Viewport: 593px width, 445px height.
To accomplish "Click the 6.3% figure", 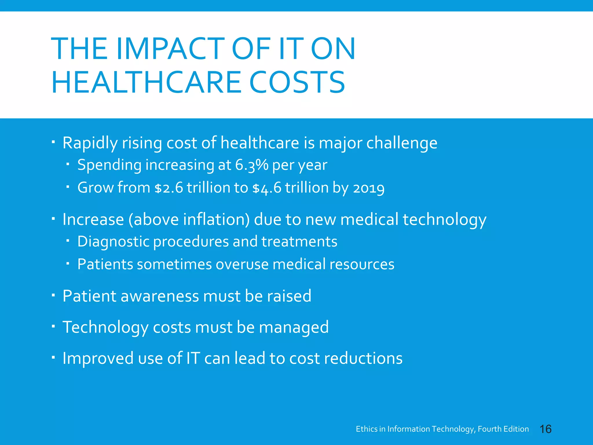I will (x=251, y=165).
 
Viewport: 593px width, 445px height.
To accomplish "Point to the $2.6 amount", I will (x=169, y=188).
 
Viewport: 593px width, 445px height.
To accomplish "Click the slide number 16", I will (x=546, y=429).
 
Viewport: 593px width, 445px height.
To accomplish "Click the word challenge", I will (x=402, y=143).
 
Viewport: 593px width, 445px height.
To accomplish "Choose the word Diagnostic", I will (x=113, y=242).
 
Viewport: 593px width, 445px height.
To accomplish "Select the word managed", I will (x=294, y=327).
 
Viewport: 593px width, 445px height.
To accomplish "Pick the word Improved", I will (x=98, y=358).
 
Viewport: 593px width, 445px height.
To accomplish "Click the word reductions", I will (x=363, y=358).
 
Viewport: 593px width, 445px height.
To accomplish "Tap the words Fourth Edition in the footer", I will (x=503, y=429).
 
